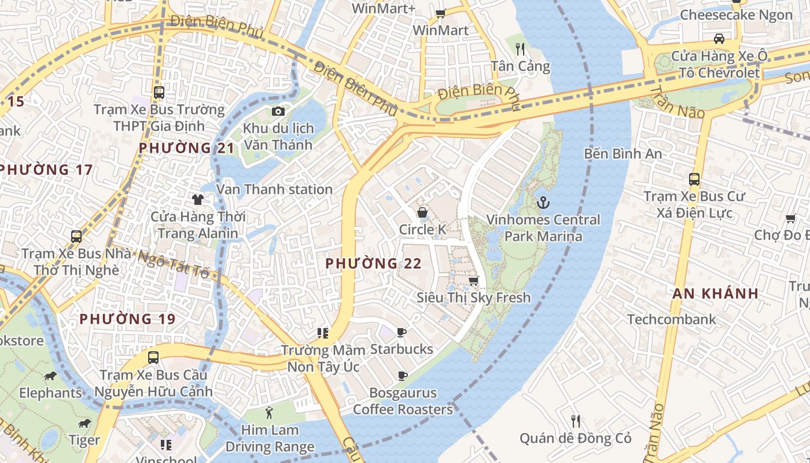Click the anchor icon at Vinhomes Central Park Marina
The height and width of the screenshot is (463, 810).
coord(543,203)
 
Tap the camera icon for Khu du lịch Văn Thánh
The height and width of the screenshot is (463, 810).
coord(278,111)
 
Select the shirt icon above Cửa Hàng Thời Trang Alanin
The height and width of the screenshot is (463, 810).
coord(198,200)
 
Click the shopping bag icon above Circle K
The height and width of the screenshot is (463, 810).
coord(422,212)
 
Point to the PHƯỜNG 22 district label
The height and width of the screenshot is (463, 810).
coord(373,264)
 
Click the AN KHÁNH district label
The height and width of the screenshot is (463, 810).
coord(715,293)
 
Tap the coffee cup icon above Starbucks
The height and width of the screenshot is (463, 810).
coord(402,332)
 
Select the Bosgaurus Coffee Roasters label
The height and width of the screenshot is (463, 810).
coord(403,401)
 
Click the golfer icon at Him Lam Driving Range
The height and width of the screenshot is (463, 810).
coord(269,413)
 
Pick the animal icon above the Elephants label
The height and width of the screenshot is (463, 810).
coord(50,376)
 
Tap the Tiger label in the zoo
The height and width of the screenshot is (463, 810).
coord(84,440)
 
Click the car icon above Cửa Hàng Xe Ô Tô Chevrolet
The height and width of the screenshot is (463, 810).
coord(719,39)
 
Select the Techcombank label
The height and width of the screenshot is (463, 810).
coord(671,319)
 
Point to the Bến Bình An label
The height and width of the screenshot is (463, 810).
coord(623,154)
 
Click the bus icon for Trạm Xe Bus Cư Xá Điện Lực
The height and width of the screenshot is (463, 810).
coord(694,179)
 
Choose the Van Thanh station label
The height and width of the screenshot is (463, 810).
coord(274,189)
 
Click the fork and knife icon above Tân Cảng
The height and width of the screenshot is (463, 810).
coord(520,49)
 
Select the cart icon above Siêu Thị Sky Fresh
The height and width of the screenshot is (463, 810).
coord(473,281)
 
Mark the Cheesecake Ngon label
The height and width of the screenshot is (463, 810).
coord(736,15)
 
